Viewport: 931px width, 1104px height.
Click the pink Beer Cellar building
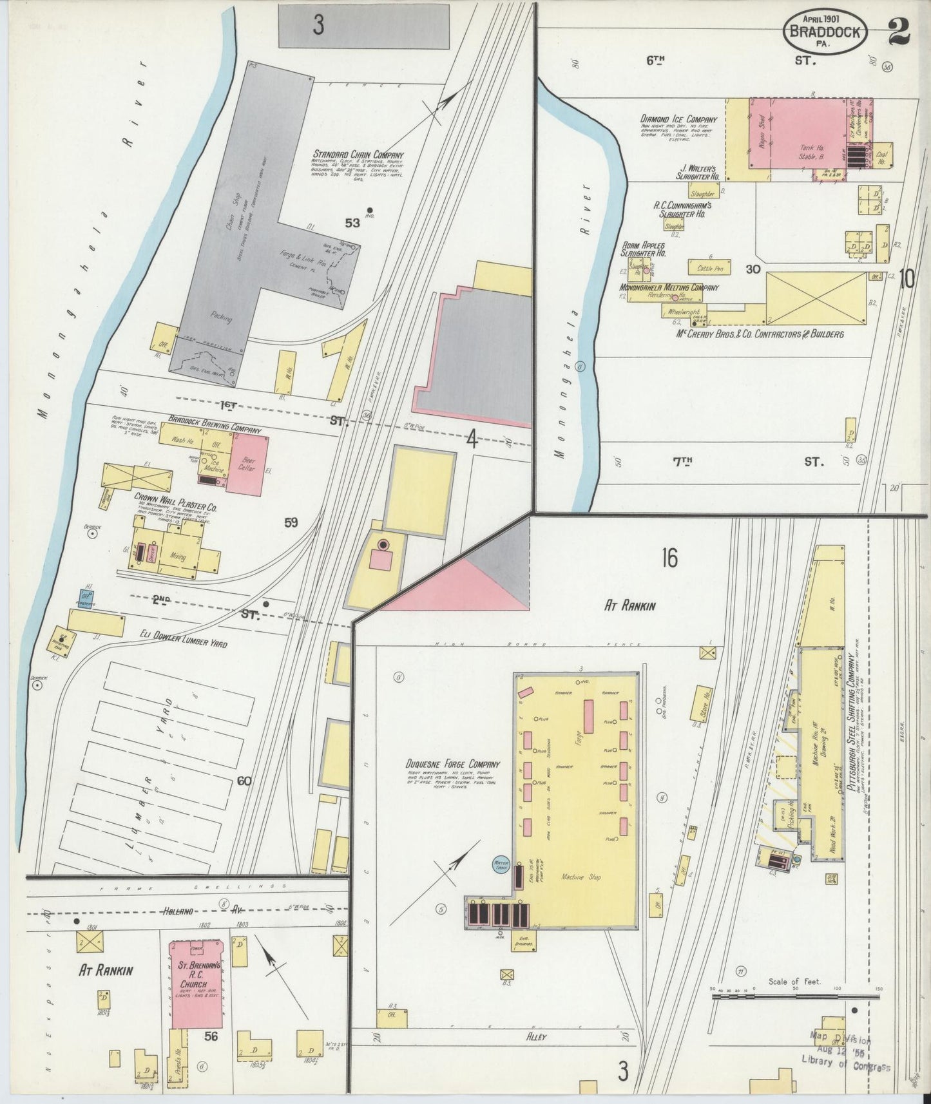pyautogui.click(x=247, y=464)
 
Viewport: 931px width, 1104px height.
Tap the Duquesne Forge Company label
pyautogui.click(x=453, y=764)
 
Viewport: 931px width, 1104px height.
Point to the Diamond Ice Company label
pyautogui.click(x=678, y=119)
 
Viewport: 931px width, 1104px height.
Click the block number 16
pyautogui.click(x=669, y=558)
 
